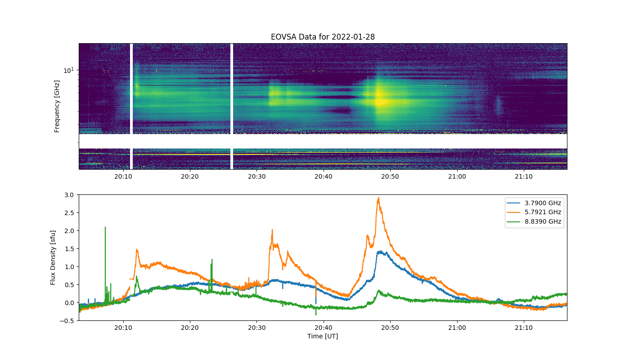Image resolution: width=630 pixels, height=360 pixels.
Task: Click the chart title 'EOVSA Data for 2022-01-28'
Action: click(323, 37)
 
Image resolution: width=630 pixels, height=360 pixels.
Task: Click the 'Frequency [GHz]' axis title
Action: click(57, 106)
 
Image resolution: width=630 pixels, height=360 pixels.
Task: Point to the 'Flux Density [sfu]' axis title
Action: click(53, 257)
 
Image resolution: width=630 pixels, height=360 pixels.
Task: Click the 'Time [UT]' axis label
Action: click(323, 336)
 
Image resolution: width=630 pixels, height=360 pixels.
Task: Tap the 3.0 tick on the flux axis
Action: click(69, 195)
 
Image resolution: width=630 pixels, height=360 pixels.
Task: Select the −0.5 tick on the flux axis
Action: click(67, 321)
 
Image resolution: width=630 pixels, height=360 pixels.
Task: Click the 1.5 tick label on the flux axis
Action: click(69, 249)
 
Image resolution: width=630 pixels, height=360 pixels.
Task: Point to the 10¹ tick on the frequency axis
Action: click(69, 70)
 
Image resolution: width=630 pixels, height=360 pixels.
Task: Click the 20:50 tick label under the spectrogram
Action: click(390, 176)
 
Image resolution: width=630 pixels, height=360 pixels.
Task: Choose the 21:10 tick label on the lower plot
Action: click(524, 328)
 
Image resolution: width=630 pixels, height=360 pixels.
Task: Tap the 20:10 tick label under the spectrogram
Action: click(123, 176)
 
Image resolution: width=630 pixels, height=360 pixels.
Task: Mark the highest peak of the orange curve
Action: click(378, 198)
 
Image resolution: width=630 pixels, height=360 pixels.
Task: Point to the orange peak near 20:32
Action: click(272, 230)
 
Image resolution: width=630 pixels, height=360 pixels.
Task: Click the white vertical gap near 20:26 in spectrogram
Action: click(232, 106)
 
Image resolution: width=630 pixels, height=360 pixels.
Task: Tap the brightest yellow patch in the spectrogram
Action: click(380, 102)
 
